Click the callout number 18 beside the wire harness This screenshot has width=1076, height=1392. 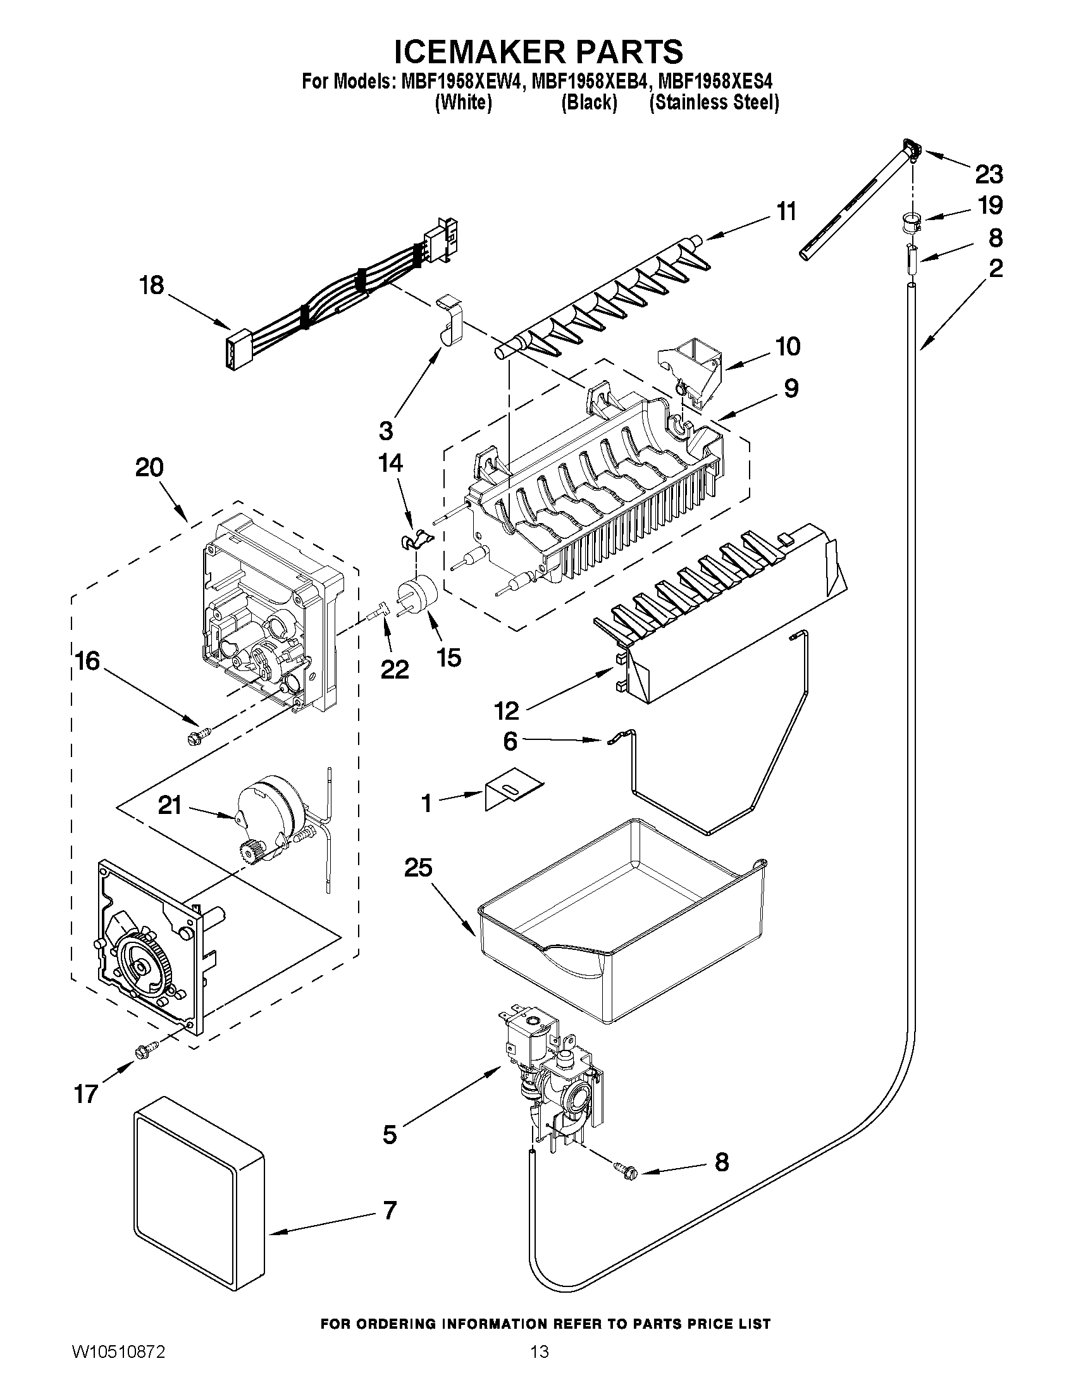tap(152, 285)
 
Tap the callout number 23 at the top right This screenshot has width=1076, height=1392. tap(988, 174)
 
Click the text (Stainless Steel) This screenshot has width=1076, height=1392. tap(714, 102)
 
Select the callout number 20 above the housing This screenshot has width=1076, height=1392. tap(149, 468)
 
